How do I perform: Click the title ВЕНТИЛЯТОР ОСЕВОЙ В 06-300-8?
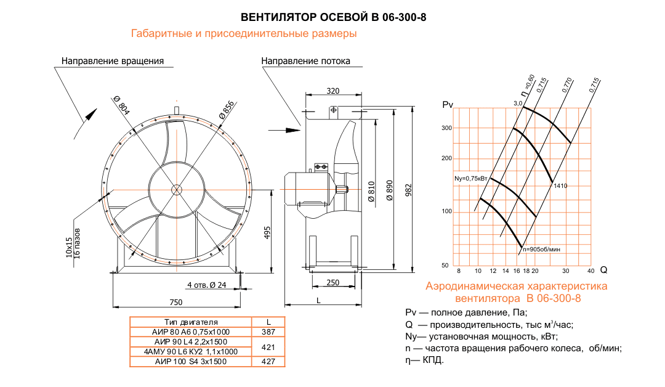click(x=332, y=17)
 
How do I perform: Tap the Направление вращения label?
click(x=112, y=61)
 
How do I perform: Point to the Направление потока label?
click(x=305, y=61)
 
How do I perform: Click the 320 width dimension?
click(x=333, y=91)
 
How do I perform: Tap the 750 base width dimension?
click(x=175, y=302)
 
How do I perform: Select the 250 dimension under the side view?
click(x=333, y=282)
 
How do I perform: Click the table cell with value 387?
click(x=268, y=332)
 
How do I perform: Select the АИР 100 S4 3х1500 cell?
click(x=191, y=362)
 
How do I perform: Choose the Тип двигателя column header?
click(x=191, y=322)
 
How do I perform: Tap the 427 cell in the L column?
click(x=268, y=362)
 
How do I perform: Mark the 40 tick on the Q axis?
click(x=590, y=271)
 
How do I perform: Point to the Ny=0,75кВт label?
click(x=471, y=179)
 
